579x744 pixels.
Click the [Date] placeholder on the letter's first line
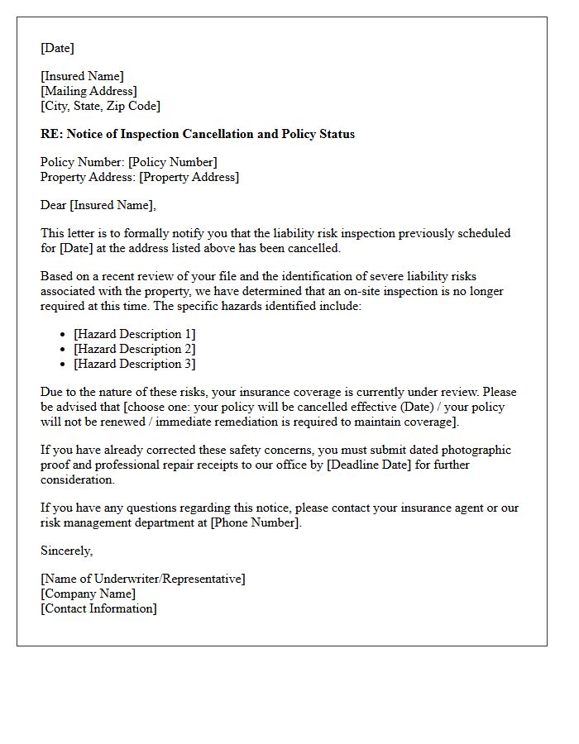[x=57, y=48]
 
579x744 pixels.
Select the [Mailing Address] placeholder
[x=89, y=91]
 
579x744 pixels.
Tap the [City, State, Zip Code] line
[x=100, y=106]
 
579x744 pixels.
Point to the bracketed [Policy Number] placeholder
[x=172, y=162]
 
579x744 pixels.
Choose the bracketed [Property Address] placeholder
[x=189, y=177]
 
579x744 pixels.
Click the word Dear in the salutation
[x=54, y=205]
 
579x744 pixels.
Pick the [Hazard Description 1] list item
[x=134, y=334]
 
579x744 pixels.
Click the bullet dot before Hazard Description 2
[x=64, y=349]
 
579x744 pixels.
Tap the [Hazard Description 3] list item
[x=134, y=364]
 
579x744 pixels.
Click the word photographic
[x=472, y=450]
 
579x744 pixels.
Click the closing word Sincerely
[x=66, y=551]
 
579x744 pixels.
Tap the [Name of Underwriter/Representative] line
[x=142, y=579]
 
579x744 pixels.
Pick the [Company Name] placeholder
[x=88, y=594]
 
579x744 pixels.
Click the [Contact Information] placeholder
[x=98, y=608]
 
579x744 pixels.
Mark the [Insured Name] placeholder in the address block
[x=82, y=76]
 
